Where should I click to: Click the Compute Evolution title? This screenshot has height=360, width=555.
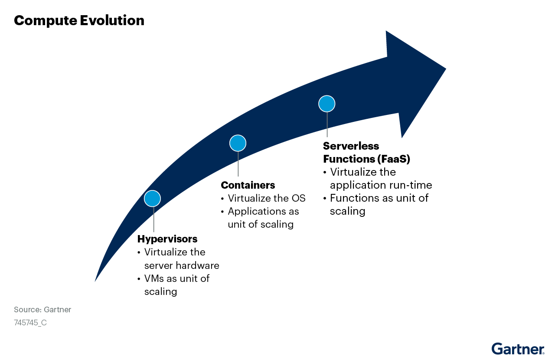coord(79,20)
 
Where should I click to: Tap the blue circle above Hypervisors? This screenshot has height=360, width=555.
coord(152,199)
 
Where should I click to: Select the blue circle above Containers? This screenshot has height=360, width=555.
coord(238,143)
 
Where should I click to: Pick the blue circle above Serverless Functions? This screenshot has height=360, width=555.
coord(327,104)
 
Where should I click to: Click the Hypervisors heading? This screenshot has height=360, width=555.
coord(167,239)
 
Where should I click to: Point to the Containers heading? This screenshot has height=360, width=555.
coord(248,185)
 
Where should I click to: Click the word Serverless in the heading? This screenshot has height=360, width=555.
coord(351,146)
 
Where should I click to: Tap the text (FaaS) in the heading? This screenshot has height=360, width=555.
coord(394,159)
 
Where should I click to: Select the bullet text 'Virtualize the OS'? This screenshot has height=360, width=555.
coord(267,198)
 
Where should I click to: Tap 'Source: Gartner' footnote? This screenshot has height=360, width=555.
coord(42,310)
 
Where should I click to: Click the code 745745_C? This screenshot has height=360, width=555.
coord(30,323)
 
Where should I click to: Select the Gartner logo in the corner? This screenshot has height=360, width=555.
coord(518,349)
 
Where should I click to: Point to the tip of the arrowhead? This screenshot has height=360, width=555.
coord(446,69)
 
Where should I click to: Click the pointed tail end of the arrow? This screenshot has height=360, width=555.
coord(95,281)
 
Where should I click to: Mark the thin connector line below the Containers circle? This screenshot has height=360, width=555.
coord(238,164)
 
